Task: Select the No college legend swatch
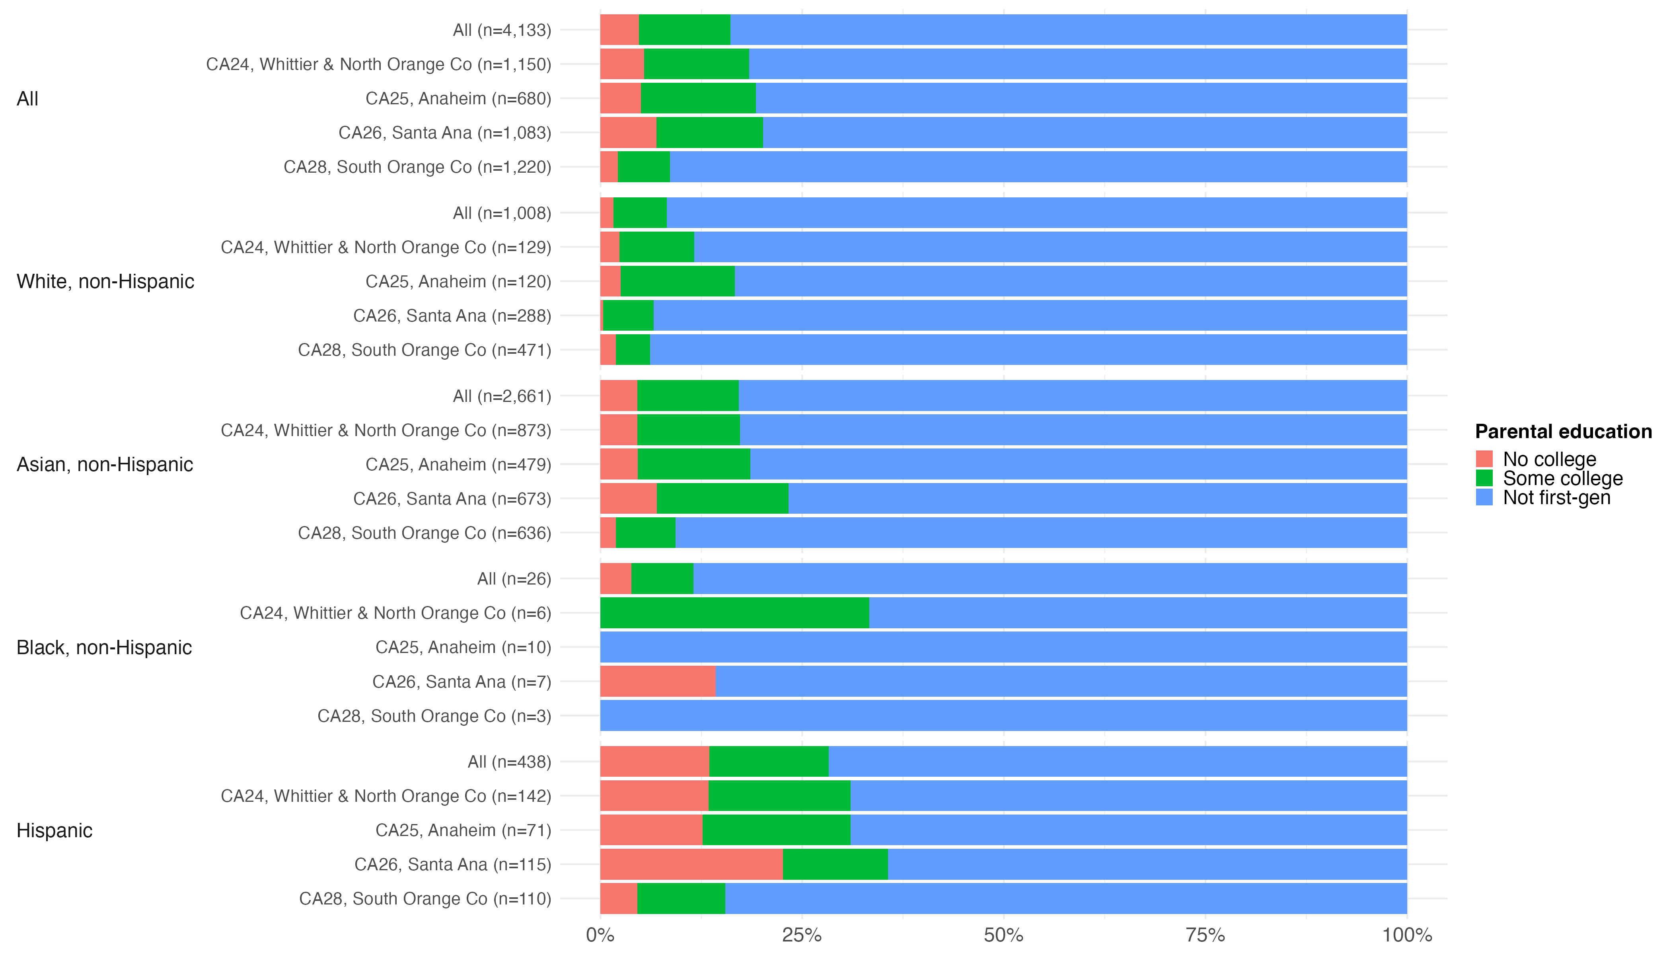coord(1484,458)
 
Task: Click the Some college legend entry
coord(1562,478)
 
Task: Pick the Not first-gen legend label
coord(1556,498)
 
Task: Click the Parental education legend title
coord(1563,432)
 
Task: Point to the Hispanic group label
coord(55,830)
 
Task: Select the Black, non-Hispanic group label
coord(104,647)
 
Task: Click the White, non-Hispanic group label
coord(105,281)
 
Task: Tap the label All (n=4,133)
coord(502,30)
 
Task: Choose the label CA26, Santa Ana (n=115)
coord(452,865)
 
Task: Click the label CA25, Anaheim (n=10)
coord(463,647)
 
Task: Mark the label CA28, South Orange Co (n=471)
coord(424,350)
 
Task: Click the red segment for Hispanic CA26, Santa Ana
coord(691,865)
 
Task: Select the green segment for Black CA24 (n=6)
coord(734,613)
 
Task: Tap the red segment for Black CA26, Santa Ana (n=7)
coord(658,682)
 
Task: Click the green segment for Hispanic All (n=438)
coord(769,762)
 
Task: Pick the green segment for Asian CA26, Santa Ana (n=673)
coord(722,499)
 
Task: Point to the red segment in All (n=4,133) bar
coord(619,30)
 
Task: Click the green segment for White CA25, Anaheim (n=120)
coord(678,281)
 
